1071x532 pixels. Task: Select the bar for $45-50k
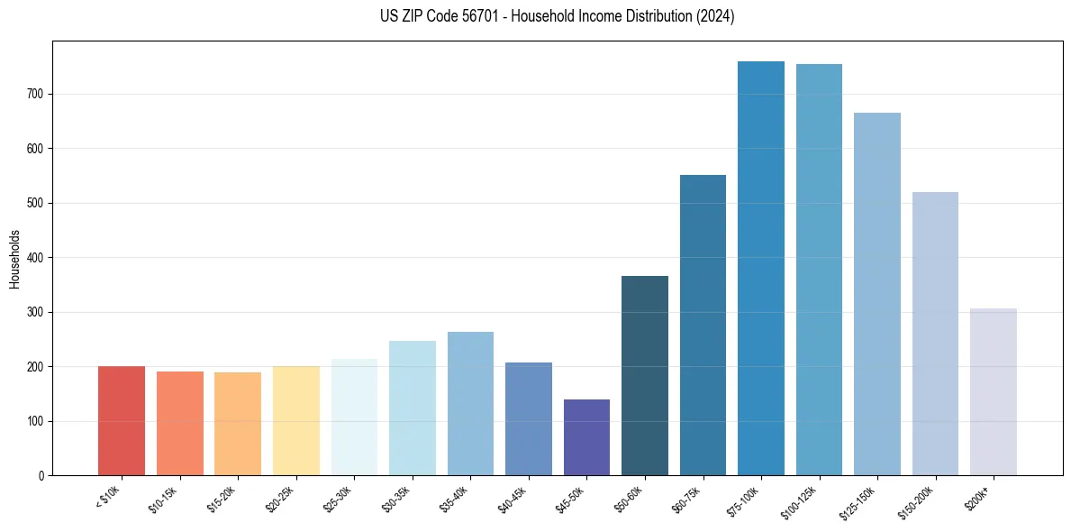tap(586, 437)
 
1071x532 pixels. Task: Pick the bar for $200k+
tap(993, 392)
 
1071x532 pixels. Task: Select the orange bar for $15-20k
tap(238, 424)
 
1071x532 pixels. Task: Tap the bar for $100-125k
tap(819, 270)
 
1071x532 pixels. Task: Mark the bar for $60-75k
tap(703, 326)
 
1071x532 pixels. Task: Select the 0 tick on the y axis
tap(43, 476)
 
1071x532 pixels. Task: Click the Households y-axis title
tap(14, 258)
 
